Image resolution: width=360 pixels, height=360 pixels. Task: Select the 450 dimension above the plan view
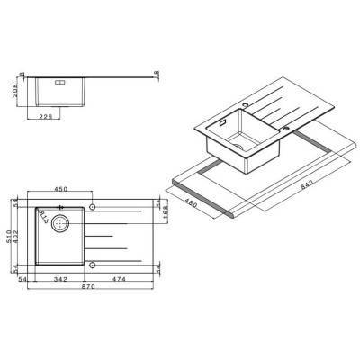pos(61,191)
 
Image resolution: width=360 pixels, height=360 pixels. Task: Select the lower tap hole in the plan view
pos(94,265)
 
